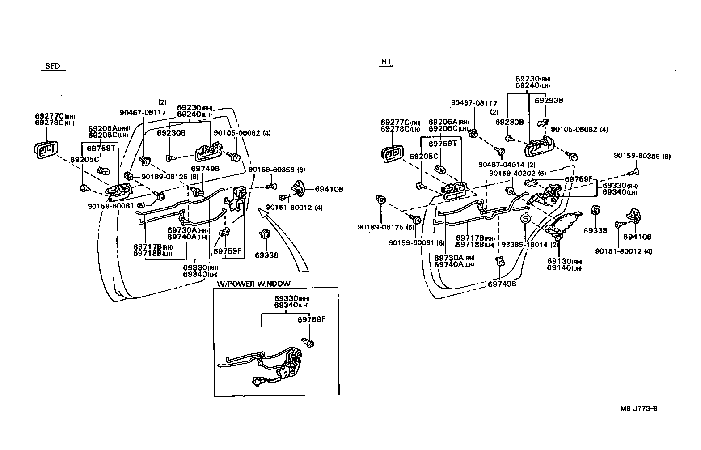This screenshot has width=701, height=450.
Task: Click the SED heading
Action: point(52,66)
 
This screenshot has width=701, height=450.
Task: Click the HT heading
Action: point(386,62)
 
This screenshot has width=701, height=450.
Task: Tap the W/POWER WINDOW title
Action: point(253,284)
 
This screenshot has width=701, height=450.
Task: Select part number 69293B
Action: point(549,101)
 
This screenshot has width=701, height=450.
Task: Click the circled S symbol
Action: point(526,219)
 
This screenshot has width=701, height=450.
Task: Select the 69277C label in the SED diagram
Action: point(49,116)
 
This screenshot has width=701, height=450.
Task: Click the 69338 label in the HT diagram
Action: point(595,231)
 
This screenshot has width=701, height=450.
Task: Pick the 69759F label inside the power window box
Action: point(311,320)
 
